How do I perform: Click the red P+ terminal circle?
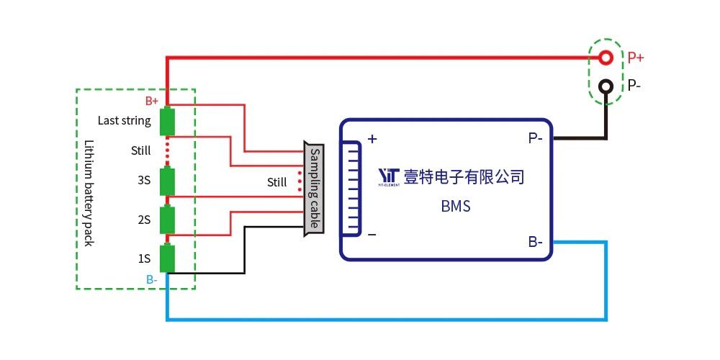pos(607,57)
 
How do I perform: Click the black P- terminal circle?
pos(607,86)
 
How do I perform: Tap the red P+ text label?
pos(636,58)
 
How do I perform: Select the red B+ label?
pos(152,101)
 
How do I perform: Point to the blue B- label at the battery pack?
pos(152,279)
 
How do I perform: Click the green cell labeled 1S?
pos(168,258)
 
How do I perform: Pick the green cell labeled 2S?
pos(168,220)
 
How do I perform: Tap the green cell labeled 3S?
pos(168,181)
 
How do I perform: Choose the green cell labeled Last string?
pos(168,121)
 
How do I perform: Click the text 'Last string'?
pos(125,120)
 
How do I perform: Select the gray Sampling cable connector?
pos(314,189)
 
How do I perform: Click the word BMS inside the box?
pos(456,207)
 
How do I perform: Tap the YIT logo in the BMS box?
pos(389,176)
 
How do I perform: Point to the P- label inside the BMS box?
pos(535,138)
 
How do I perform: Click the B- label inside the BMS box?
pos(535,242)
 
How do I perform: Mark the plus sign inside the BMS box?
pos(373,138)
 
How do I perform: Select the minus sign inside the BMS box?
pos(372,235)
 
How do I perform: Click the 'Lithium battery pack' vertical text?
pos(89,192)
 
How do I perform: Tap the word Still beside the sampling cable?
pos(277,182)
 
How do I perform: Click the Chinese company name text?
pos(463,176)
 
